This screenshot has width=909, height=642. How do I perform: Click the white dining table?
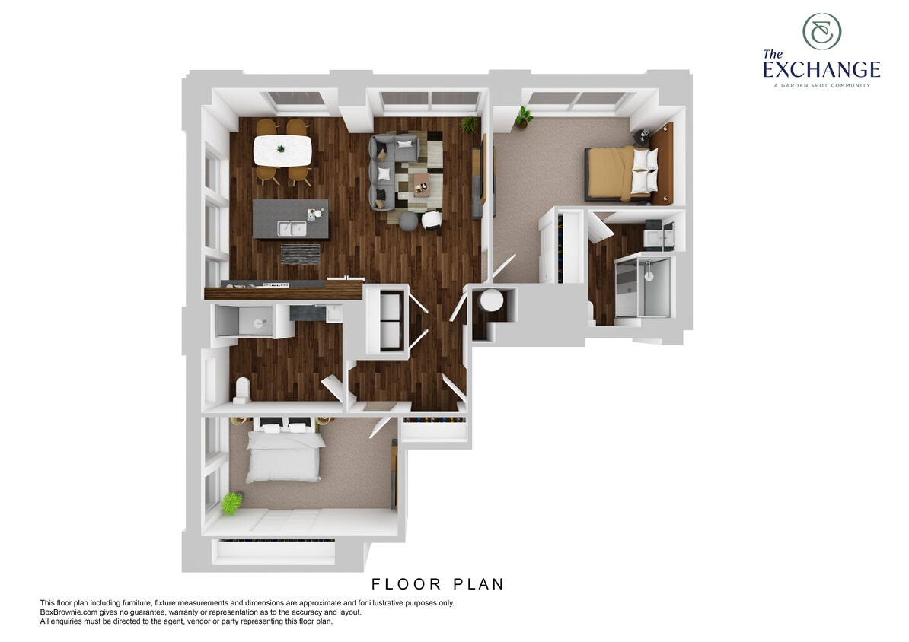click(282, 150)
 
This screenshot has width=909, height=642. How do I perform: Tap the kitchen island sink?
click(290, 227)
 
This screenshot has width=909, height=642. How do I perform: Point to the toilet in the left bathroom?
click(242, 389)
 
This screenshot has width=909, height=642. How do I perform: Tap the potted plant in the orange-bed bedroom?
click(524, 116)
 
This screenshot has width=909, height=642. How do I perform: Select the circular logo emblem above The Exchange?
click(821, 32)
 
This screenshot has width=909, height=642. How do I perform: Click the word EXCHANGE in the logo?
click(821, 71)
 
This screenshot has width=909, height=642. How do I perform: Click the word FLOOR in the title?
click(407, 584)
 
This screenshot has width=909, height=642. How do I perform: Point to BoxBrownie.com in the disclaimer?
click(69, 612)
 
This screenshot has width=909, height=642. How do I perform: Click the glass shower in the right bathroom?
click(643, 287)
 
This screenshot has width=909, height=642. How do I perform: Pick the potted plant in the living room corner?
click(470, 123)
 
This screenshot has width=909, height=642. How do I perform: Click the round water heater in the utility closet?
click(490, 300)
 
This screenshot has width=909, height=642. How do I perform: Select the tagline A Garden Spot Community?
click(821, 85)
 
